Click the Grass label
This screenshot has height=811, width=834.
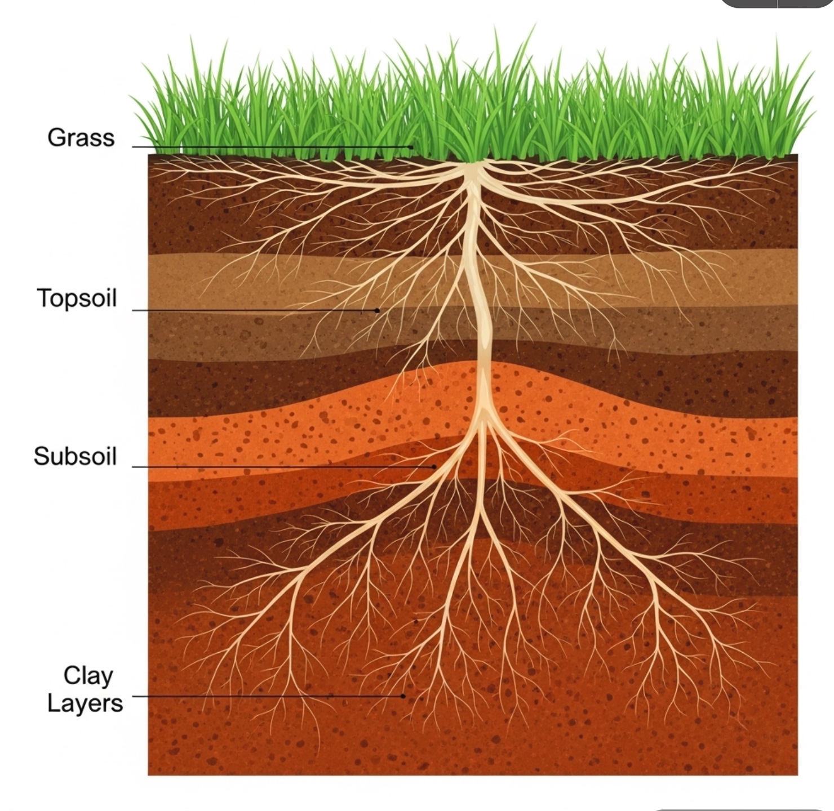[81, 138]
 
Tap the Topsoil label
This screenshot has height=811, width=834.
[77, 298]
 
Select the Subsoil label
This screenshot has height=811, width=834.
[75, 456]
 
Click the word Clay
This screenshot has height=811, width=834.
[88, 675]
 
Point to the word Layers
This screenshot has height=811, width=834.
[85, 703]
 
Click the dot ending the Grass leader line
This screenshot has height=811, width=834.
[411, 147]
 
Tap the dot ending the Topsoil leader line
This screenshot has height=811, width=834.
[377, 310]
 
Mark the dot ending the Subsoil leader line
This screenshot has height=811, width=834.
[434, 467]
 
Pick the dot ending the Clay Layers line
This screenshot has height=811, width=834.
[403, 696]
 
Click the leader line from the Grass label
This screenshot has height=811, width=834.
[270, 147]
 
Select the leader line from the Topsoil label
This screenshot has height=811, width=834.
[254, 310]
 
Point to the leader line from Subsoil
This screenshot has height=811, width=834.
[282, 467]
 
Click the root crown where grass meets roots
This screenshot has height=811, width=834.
[472, 164]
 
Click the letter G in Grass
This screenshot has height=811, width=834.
[55, 138]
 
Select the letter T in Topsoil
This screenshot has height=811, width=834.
[44, 297]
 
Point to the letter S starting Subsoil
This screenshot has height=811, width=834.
[41, 456]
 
